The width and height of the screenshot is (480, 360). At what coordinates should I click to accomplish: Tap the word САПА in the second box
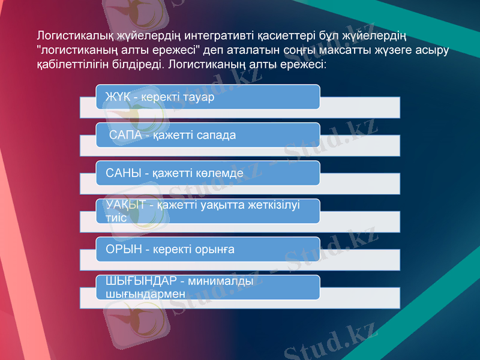point(125,136)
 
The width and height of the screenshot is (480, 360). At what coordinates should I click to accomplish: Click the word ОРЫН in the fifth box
point(123,248)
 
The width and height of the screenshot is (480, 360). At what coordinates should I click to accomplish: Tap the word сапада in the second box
point(215,136)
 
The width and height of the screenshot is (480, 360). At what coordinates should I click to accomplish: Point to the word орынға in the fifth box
point(214,248)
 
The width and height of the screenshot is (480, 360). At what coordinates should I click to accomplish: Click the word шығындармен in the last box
point(145,293)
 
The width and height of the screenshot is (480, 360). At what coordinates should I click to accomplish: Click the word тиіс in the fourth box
point(116,217)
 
